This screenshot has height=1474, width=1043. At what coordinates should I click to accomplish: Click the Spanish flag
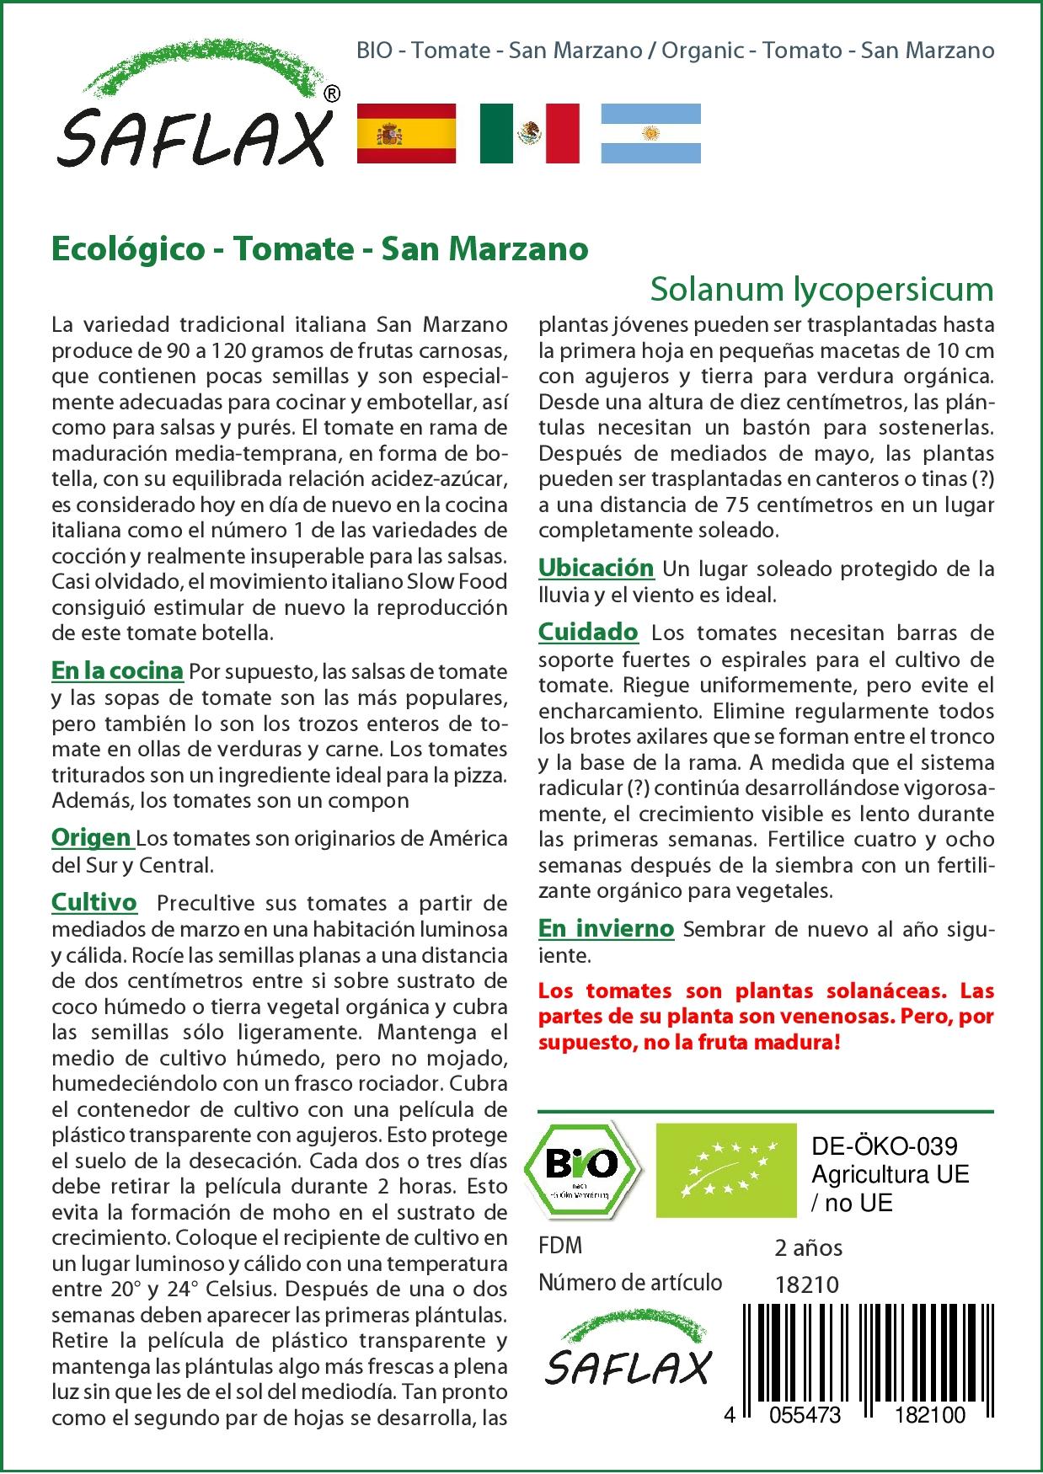[x=407, y=133]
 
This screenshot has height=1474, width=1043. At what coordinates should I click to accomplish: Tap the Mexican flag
[x=530, y=133]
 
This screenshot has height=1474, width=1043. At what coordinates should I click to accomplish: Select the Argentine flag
[x=650, y=133]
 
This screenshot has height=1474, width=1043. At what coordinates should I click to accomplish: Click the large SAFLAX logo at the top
[x=195, y=118]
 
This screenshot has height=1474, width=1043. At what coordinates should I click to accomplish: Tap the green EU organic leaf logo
[x=726, y=1170]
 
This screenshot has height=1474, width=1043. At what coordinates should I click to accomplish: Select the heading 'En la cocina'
[x=117, y=670]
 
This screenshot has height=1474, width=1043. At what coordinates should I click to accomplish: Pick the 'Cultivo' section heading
[x=94, y=902]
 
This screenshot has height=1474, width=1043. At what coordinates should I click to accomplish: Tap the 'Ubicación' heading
[x=596, y=567]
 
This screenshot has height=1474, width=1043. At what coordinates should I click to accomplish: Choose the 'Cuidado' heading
[x=588, y=631]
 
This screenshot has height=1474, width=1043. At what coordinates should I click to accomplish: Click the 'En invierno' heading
[x=606, y=928]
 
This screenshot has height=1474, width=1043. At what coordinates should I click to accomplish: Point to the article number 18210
[x=806, y=1284]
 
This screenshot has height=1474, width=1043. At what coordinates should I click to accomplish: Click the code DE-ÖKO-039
[x=884, y=1146]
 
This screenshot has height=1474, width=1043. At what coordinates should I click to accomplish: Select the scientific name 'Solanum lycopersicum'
[x=821, y=289]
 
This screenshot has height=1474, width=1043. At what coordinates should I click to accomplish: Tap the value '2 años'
[x=808, y=1247]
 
